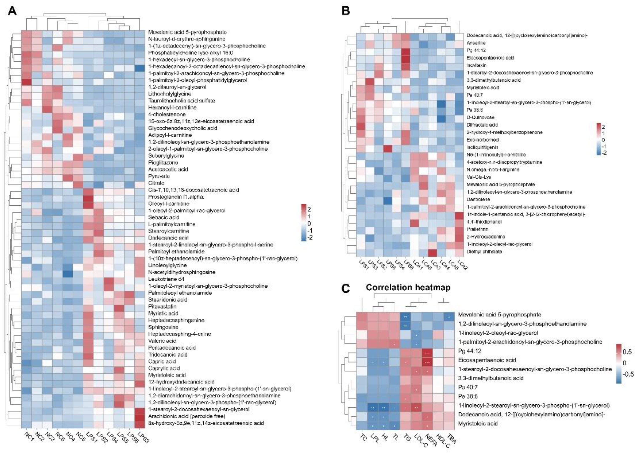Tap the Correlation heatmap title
(x=408, y=287)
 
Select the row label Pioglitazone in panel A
(x=163, y=162)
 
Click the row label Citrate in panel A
(x=156, y=183)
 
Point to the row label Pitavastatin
(x=162, y=306)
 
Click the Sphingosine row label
(x=163, y=327)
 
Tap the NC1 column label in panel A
(x=29, y=437)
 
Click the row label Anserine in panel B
(x=476, y=43)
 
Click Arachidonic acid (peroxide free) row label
(x=186, y=416)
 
